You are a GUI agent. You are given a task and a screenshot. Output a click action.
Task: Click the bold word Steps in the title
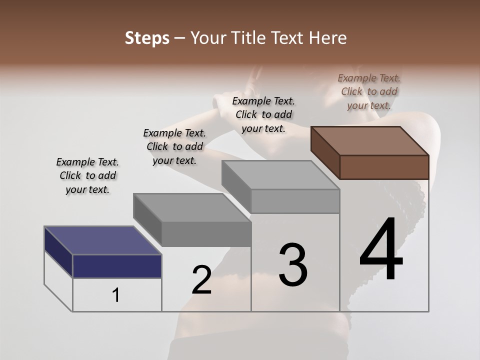pos(147,38)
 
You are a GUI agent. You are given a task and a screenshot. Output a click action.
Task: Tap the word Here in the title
pos(328,38)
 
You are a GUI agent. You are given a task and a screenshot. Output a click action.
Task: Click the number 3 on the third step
pos(293,264)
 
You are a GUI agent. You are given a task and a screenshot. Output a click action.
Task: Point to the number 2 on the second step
pos(201,279)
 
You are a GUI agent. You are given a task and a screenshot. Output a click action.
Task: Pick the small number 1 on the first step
pos(116,295)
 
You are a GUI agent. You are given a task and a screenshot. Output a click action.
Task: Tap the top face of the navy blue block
pos(103,240)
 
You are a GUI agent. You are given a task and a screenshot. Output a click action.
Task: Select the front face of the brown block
pos(384,167)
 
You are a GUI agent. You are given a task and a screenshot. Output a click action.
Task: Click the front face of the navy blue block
pos(117,266)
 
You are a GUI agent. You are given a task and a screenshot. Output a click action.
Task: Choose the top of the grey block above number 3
pos(280,175)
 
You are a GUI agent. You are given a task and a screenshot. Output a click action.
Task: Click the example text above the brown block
pos(369,91)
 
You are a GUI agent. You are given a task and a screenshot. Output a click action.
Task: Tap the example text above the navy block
pos(87,175)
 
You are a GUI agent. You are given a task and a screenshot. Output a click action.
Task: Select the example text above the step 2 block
pos(174,146)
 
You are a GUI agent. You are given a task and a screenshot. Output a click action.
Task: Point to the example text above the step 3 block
pos(263,114)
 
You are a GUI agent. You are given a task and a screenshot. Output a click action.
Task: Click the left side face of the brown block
pos(325,152)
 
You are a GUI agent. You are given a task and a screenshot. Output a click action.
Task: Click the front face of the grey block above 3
pos(295,201)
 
